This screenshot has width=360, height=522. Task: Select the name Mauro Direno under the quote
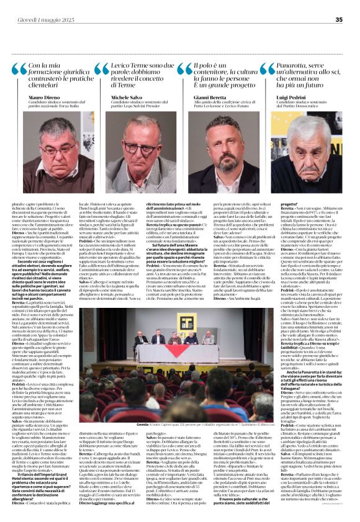(47, 97)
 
